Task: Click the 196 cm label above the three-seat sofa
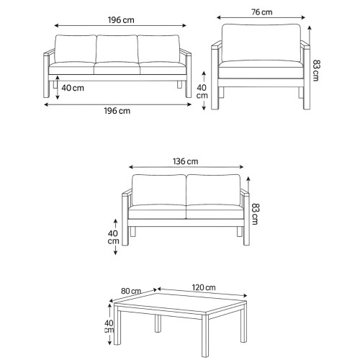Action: pyautogui.click(x=121, y=20)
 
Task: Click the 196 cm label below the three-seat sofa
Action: pyautogui.click(x=117, y=111)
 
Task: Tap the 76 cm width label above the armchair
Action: pyautogui.click(x=262, y=12)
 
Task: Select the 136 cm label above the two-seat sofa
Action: pyautogui.click(x=186, y=161)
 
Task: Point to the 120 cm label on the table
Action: pyautogui.click(x=204, y=287)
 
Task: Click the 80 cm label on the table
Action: pyautogui.click(x=131, y=291)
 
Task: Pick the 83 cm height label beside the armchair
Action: pyautogui.click(x=316, y=71)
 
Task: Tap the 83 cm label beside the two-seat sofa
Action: pyautogui.click(x=255, y=214)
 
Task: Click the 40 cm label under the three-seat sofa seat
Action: pyautogui.click(x=73, y=88)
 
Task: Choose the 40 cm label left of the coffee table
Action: pyautogui.click(x=109, y=326)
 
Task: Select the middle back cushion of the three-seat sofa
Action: pyautogui.click(x=117, y=49)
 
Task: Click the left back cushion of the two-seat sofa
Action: pyautogui.click(x=158, y=190)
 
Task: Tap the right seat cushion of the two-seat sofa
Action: pyautogui.click(x=215, y=212)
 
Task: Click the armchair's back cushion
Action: pyautogui.click(x=261, y=42)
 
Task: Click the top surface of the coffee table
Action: pyautogui.click(x=180, y=303)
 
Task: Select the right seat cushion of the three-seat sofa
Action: pyautogui.click(x=163, y=68)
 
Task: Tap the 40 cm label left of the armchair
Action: pyautogui.click(x=202, y=91)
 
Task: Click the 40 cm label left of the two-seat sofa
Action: pyautogui.click(x=113, y=237)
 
